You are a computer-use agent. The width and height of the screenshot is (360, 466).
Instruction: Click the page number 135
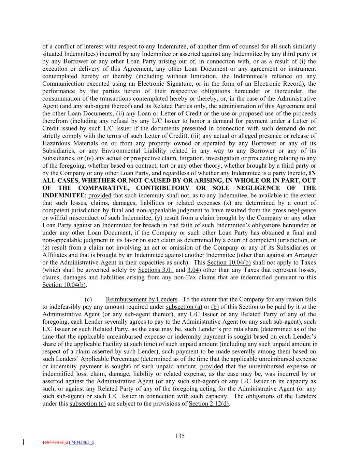coord(180,436)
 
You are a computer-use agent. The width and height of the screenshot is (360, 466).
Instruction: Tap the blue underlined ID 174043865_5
coord(81,442)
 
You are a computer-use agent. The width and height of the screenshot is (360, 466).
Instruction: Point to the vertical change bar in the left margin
coord(23,442)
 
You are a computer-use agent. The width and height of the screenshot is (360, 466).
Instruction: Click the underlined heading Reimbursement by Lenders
coord(141,299)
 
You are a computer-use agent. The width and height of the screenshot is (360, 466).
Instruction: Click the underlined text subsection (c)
coord(87,404)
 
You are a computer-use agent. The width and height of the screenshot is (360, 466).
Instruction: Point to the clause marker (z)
coord(46,248)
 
